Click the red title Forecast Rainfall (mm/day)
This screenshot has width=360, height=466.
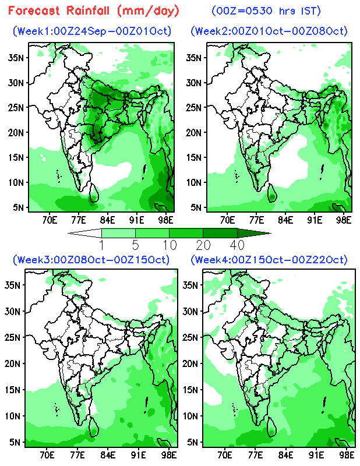(93, 11)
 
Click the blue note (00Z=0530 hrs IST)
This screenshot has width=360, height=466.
(266, 11)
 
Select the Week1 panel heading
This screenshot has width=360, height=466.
(92, 31)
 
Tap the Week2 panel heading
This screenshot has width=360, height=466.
(269, 31)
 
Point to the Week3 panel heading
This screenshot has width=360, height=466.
(91, 260)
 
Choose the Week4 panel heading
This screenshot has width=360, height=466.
(269, 260)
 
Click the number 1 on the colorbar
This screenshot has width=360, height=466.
(102, 245)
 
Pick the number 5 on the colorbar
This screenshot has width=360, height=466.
(136, 245)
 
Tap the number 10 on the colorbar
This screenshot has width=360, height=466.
(170, 245)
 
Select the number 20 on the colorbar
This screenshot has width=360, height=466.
(204, 245)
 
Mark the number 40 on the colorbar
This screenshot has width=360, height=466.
(237, 245)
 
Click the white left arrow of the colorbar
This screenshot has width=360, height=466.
(84, 233)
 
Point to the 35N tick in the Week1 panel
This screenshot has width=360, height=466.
(16, 58)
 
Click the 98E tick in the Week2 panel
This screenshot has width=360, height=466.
(344, 220)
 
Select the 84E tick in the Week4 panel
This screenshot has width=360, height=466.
(285, 455)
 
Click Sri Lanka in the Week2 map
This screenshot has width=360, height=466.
(271, 193)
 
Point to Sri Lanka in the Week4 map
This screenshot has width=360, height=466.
(271, 427)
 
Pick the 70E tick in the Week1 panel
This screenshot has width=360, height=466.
(50, 220)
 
